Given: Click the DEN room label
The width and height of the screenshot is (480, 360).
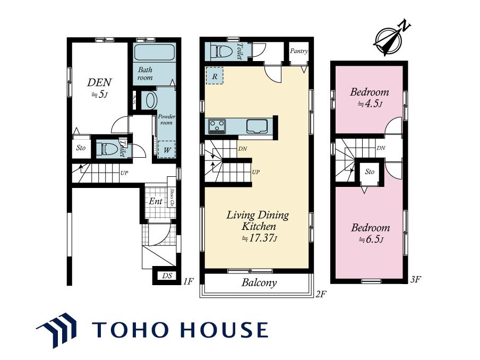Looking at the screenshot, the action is (x=99, y=82).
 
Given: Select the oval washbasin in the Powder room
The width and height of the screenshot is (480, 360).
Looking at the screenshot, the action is (x=151, y=100).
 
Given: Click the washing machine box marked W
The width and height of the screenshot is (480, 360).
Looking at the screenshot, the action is (x=167, y=149).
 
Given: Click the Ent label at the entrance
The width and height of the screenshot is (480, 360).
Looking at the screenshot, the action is (x=156, y=201).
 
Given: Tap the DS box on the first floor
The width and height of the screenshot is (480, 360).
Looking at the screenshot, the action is (x=167, y=276).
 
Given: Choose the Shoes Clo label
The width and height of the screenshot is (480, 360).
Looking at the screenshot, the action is (x=172, y=198).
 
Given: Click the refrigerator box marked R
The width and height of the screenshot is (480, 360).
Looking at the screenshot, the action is (x=215, y=75).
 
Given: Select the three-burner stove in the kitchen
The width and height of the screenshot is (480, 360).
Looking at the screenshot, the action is (x=217, y=126).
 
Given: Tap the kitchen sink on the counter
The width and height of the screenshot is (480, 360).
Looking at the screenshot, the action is (x=257, y=126).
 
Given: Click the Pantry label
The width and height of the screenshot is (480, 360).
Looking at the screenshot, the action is (x=299, y=51).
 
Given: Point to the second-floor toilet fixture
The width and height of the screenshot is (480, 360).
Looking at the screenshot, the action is (x=222, y=51).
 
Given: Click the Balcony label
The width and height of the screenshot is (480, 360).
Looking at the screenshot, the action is (x=259, y=282).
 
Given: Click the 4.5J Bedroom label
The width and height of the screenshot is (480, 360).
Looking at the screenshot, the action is (x=370, y=97).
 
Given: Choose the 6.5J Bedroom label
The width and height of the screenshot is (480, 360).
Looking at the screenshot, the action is (x=371, y=233).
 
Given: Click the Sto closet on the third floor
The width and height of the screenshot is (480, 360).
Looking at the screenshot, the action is (x=370, y=172).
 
